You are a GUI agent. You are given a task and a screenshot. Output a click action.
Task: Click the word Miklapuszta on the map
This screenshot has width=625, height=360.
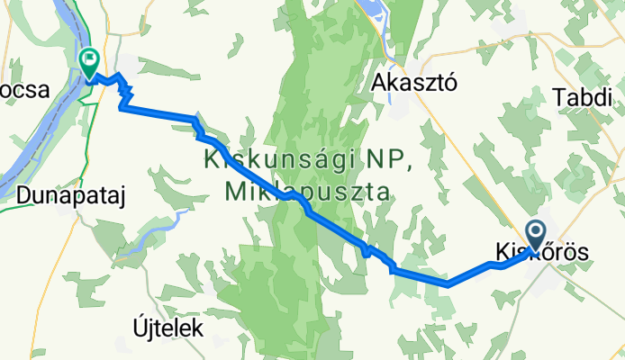305,192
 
